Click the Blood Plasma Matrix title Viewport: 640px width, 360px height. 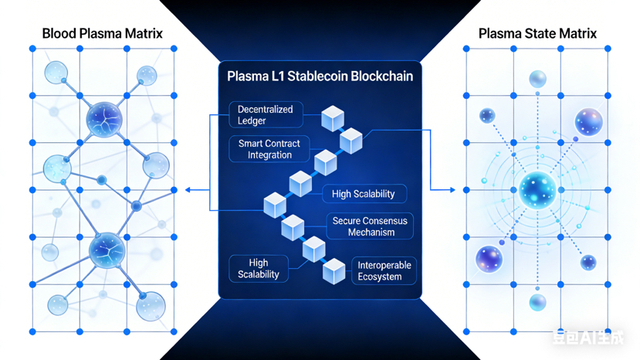tap(102, 33)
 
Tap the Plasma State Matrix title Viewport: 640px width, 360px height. tap(537, 33)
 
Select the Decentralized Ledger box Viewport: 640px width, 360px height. tap(265, 115)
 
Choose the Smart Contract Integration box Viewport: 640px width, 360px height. tap(269, 149)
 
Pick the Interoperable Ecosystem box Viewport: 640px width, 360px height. tap(384, 270)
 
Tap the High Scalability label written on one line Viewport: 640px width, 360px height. tap(363, 194)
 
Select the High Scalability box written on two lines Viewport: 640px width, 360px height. tap(259, 269)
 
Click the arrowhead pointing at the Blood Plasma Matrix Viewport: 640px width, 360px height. tap(188, 190)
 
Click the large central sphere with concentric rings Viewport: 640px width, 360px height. tap(537, 190)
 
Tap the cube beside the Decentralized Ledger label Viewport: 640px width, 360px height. tap(332, 118)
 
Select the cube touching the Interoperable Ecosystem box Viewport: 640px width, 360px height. tap(334, 270)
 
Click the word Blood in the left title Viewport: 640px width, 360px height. tap(58, 33)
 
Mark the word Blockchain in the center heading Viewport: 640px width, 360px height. tap(381, 76)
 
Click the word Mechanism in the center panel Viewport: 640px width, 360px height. tap(371, 233)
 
